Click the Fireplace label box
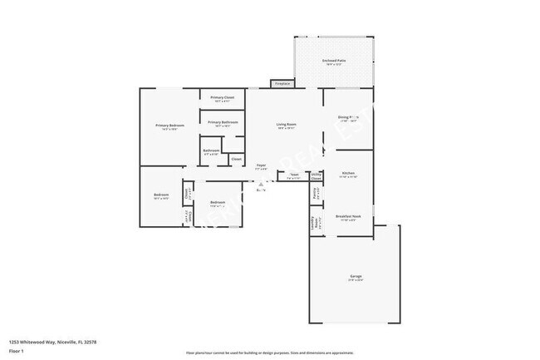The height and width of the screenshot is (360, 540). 282,83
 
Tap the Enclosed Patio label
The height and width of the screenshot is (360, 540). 335,62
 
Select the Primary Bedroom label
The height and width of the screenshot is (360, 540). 170,126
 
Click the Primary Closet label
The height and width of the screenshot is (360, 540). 222,98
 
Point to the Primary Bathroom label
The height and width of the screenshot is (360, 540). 223,123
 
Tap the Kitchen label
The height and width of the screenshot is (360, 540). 348,174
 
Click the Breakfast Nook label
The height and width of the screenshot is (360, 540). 348,216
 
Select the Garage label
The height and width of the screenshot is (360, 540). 355,277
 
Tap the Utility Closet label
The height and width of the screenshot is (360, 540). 316,175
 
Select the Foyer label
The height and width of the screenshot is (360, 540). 261,165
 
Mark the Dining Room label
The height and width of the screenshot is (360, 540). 348,118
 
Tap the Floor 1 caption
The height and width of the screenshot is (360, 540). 17,352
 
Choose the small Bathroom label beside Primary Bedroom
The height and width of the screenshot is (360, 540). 211,151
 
